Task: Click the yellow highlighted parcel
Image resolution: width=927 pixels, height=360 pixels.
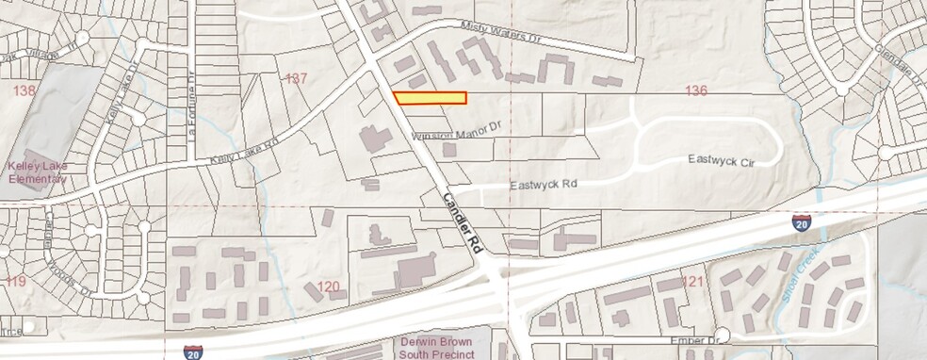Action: pos(431,98)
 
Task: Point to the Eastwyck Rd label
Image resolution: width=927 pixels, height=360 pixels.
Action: pos(543,186)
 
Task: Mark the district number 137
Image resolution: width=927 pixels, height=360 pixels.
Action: pos(297,78)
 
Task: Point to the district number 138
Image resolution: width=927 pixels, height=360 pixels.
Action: pos(24,90)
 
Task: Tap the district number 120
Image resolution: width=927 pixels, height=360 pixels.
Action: pos(328,286)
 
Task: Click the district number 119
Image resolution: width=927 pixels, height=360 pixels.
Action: pos(15,281)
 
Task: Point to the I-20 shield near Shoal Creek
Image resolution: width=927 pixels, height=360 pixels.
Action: pos(801,223)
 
